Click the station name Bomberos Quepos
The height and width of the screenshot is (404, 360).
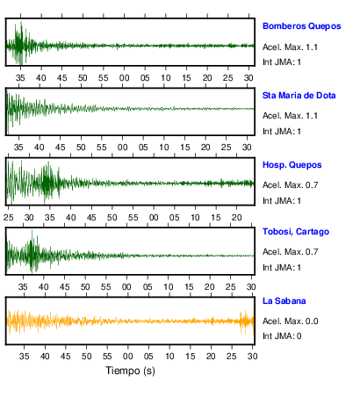(302, 26)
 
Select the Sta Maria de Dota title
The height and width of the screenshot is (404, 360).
(299, 96)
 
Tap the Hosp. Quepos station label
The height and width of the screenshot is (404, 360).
(292, 165)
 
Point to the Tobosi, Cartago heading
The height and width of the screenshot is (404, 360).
(296, 232)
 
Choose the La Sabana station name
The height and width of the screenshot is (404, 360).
(284, 301)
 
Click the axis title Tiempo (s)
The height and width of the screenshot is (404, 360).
(130, 371)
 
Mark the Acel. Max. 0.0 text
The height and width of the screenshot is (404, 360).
(291, 321)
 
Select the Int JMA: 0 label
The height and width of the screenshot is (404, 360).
(282, 335)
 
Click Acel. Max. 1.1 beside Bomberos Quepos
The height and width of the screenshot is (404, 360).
(290, 47)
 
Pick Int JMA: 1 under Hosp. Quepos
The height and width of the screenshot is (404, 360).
(282, 201)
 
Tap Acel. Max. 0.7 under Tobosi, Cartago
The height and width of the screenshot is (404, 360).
(291, 252)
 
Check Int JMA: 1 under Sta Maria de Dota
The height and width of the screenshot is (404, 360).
(282, 132)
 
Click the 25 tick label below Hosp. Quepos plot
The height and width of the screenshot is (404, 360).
(9, 218)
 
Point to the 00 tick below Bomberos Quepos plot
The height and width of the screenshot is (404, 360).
(124, 78)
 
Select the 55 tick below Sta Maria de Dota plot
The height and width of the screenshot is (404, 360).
(102, 147)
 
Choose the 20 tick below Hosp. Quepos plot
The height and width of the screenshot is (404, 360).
(236, 218)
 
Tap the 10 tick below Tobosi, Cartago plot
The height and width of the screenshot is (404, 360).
(168, 287)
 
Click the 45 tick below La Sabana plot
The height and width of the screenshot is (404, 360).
(66, 357)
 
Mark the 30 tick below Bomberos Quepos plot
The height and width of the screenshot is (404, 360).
(248, 78)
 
